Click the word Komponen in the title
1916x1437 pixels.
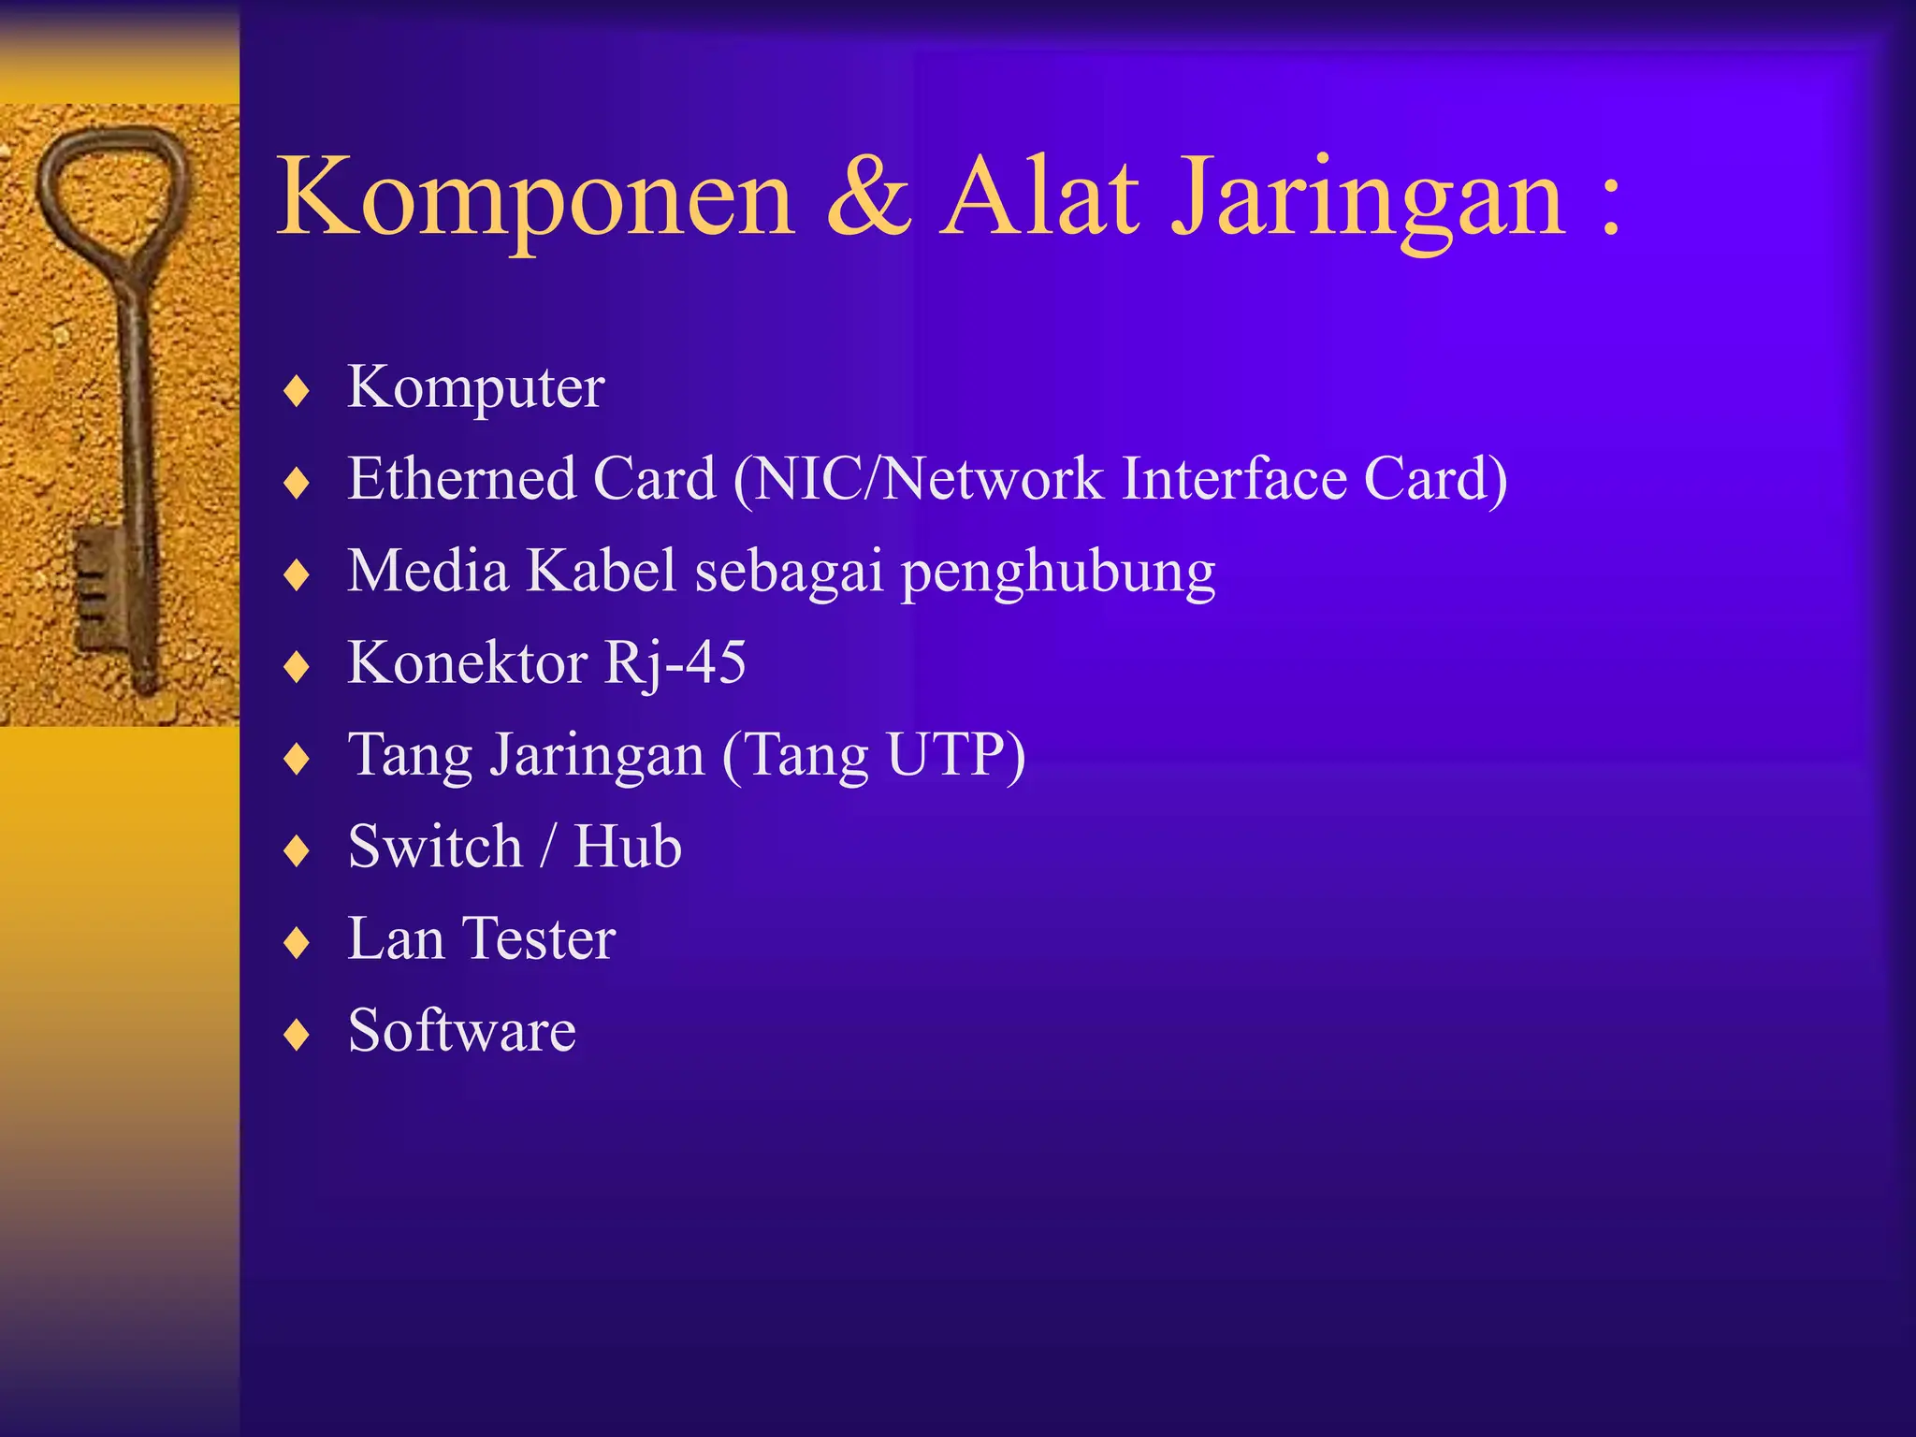coord(535,197)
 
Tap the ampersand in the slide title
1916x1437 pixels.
coord(868,197)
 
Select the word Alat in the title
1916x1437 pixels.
coord(1040,197)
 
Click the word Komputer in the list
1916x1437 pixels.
coord(475,387)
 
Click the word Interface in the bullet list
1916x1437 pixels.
coord(1234,479)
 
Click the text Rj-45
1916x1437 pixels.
coord(675,663)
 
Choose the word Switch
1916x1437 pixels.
coord(435,847)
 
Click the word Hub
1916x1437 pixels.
coord(627,847)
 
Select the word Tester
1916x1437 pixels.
coord(539,938)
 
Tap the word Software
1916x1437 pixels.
coord(461,1030)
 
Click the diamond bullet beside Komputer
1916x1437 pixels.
coord(297,391)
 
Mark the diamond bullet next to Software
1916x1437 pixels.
coord(297,1035)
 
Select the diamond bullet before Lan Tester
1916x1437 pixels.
coord(297,943)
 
